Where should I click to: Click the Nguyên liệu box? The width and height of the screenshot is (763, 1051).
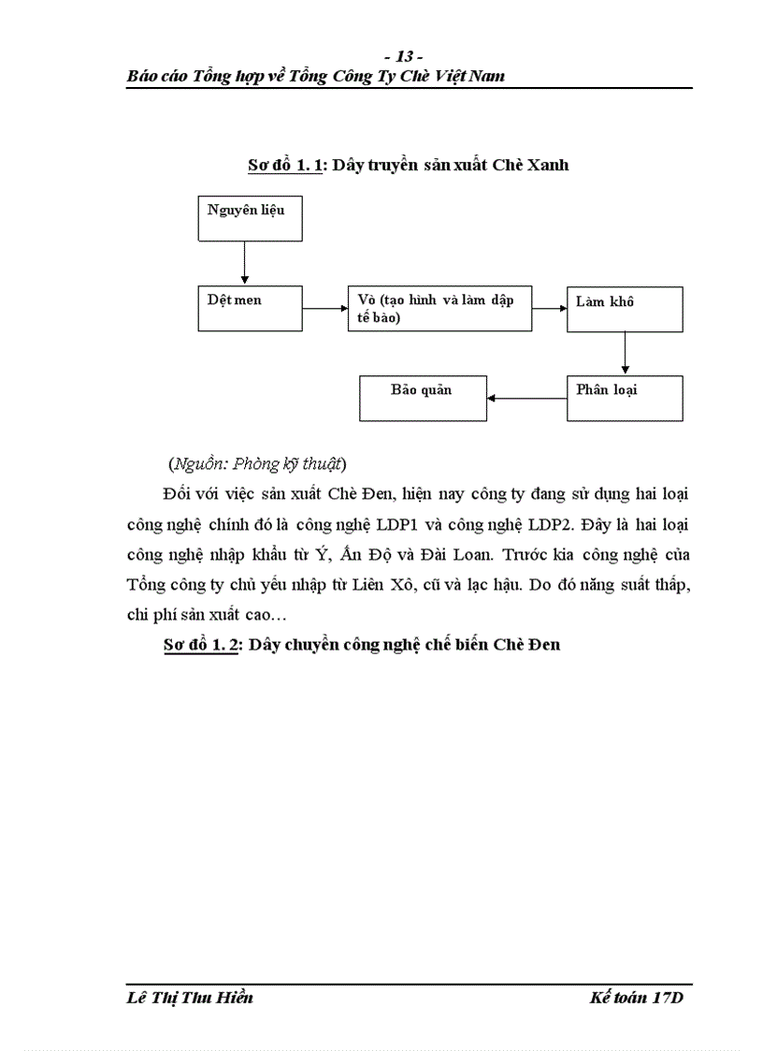[250, 218]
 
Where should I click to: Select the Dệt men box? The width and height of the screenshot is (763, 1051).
[250, 308]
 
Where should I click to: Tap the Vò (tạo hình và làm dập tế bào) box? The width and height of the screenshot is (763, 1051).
[439, 308]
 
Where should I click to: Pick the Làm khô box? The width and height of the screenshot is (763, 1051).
[625, 309]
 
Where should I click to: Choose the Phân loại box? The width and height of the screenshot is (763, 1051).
[625, 398]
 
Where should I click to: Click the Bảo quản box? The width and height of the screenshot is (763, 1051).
[424, 398]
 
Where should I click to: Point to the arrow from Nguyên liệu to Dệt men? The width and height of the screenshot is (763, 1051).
[244, 263]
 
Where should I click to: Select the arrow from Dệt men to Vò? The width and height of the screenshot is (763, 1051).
[324, 308]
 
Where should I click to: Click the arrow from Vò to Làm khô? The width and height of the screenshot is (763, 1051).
[550, 308]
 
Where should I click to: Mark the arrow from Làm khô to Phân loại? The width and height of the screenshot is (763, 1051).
[625, 354]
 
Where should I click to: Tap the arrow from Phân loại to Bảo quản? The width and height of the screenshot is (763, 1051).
[527, 399]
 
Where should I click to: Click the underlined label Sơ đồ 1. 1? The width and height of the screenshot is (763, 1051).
[285, 165]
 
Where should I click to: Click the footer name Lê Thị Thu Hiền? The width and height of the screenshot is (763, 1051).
[190, 998]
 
